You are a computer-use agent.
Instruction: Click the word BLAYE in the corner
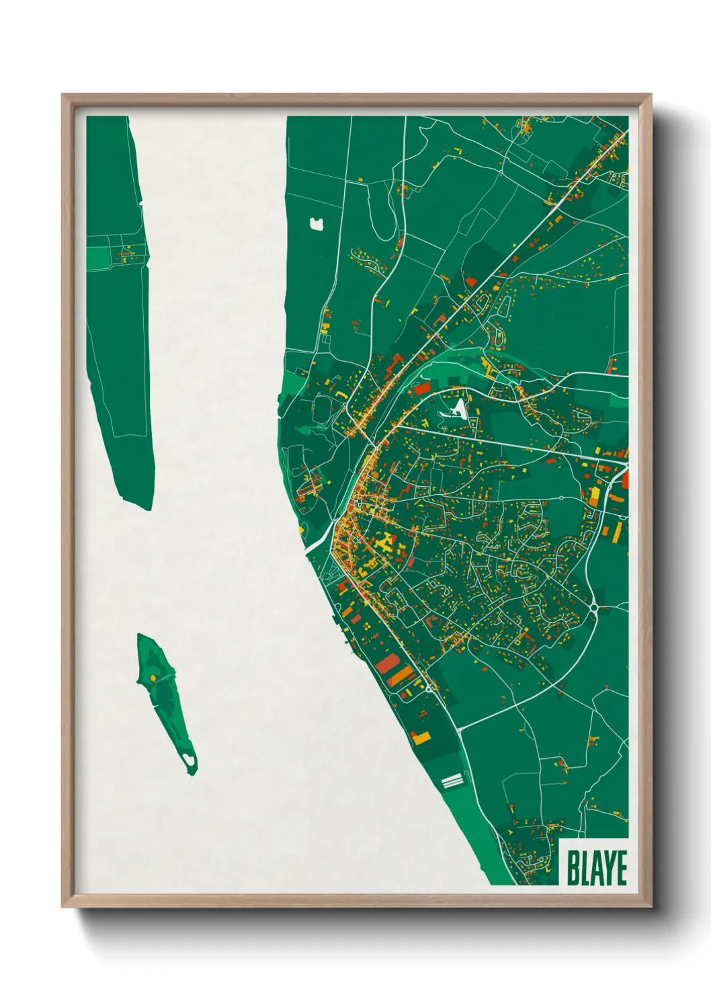(596, 868)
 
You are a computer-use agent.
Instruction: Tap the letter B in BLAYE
(574, 868)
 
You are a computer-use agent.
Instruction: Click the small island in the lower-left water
(163, 699)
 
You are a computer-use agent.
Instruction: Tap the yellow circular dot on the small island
(154, 678)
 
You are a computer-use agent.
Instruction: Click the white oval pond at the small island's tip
(190, 760)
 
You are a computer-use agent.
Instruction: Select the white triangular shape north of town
(459, 407)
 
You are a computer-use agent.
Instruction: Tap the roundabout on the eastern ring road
(594, 608)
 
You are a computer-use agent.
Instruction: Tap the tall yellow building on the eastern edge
(595, 495)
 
